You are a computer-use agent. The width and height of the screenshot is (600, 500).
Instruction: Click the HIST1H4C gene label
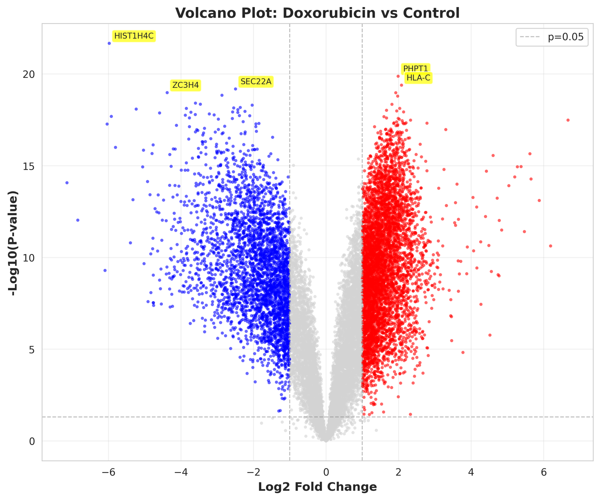(x=134, y=36)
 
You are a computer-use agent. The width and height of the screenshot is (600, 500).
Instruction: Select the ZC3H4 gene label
(x=185, y=85)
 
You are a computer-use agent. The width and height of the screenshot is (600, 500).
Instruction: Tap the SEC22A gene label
(x=256, y=82)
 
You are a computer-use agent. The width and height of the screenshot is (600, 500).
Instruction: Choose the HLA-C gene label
(x=418, y=78)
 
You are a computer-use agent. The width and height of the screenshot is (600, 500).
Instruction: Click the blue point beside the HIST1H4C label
(x=109, y=43)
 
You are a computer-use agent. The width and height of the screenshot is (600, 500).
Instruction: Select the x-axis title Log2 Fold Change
(x=318, y=487)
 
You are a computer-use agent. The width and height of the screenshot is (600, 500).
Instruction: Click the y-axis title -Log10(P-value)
(x=15, y=243)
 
